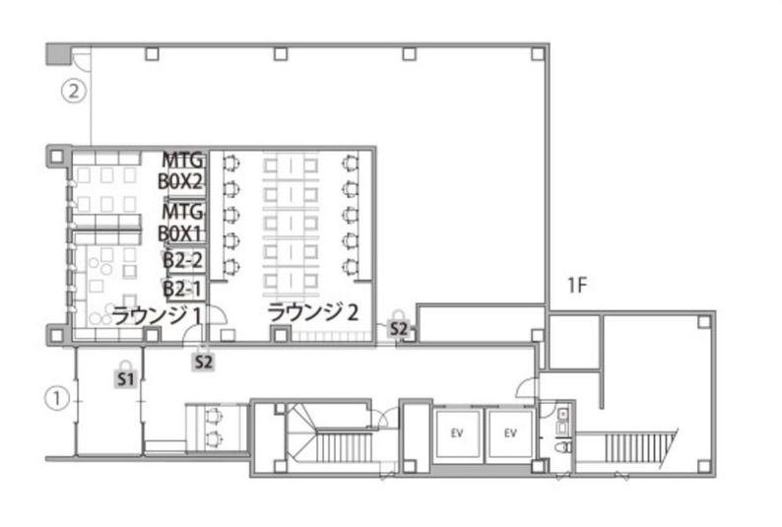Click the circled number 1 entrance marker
[x=57, y=399]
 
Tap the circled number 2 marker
[x=74, y=92]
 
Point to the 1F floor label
[x=576, y=286]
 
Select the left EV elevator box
[x=457, y=433]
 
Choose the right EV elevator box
[x=510, y=433]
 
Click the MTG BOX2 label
[x=181, y=171]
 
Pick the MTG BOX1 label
[x=181, y=223]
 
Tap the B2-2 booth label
[x=183, y=260]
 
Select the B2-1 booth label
[x=183, y=289]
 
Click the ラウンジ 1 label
[x=157, y=316]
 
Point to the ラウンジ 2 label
[x=313, y=312]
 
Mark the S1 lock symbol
[x=126, y=374]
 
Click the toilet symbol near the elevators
[x=563, y=445]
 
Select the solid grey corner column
[x=59, y=54]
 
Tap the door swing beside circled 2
[x=82, y=59]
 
